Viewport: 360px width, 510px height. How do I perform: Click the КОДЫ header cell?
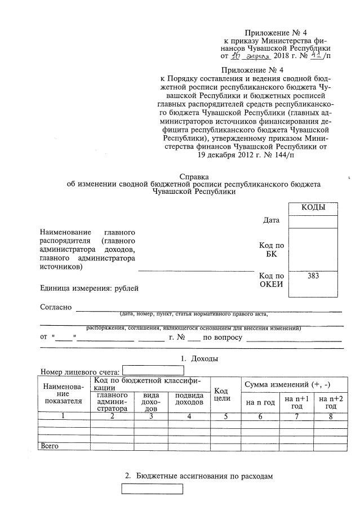[x=313, y=208]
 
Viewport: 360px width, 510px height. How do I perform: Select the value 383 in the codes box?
[x=313, y=276]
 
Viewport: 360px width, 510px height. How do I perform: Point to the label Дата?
[x=271, y=220]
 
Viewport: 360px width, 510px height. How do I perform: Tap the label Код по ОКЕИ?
[x=271, y=280]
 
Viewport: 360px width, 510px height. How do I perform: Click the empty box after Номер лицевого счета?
[x=153, y=371]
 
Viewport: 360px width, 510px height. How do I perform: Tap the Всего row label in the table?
[x=50, y=446]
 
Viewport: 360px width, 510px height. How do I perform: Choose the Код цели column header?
[x=221, y=394]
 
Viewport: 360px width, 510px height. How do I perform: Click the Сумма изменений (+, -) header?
[x=286, y=384]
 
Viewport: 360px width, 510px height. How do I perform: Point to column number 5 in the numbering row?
[x=225, y=416]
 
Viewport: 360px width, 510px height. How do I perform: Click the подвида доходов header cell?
[x=189, y=398]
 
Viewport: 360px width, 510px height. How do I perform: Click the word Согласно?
[x=56, y=307]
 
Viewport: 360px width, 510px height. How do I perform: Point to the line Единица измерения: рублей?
[x=89, y=289]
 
